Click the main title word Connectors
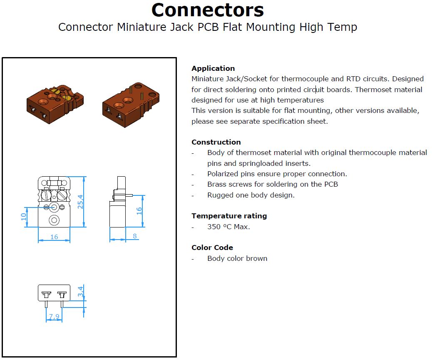click(207, 10)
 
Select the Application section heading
click(213, 68)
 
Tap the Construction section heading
click(216, 142)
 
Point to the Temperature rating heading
click(229, 216)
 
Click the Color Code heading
click(212, 247)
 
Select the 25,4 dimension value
click(80, 202)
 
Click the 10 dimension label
click(24, 217)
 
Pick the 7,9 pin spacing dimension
click(54, 316)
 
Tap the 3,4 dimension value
click(80, 291)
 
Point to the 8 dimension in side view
click(135, 236)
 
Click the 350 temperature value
click(214, 227)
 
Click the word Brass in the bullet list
click(216, 184)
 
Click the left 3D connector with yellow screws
click(55, 104)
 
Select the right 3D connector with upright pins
click(131, 105)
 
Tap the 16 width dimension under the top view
click(54, 237)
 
